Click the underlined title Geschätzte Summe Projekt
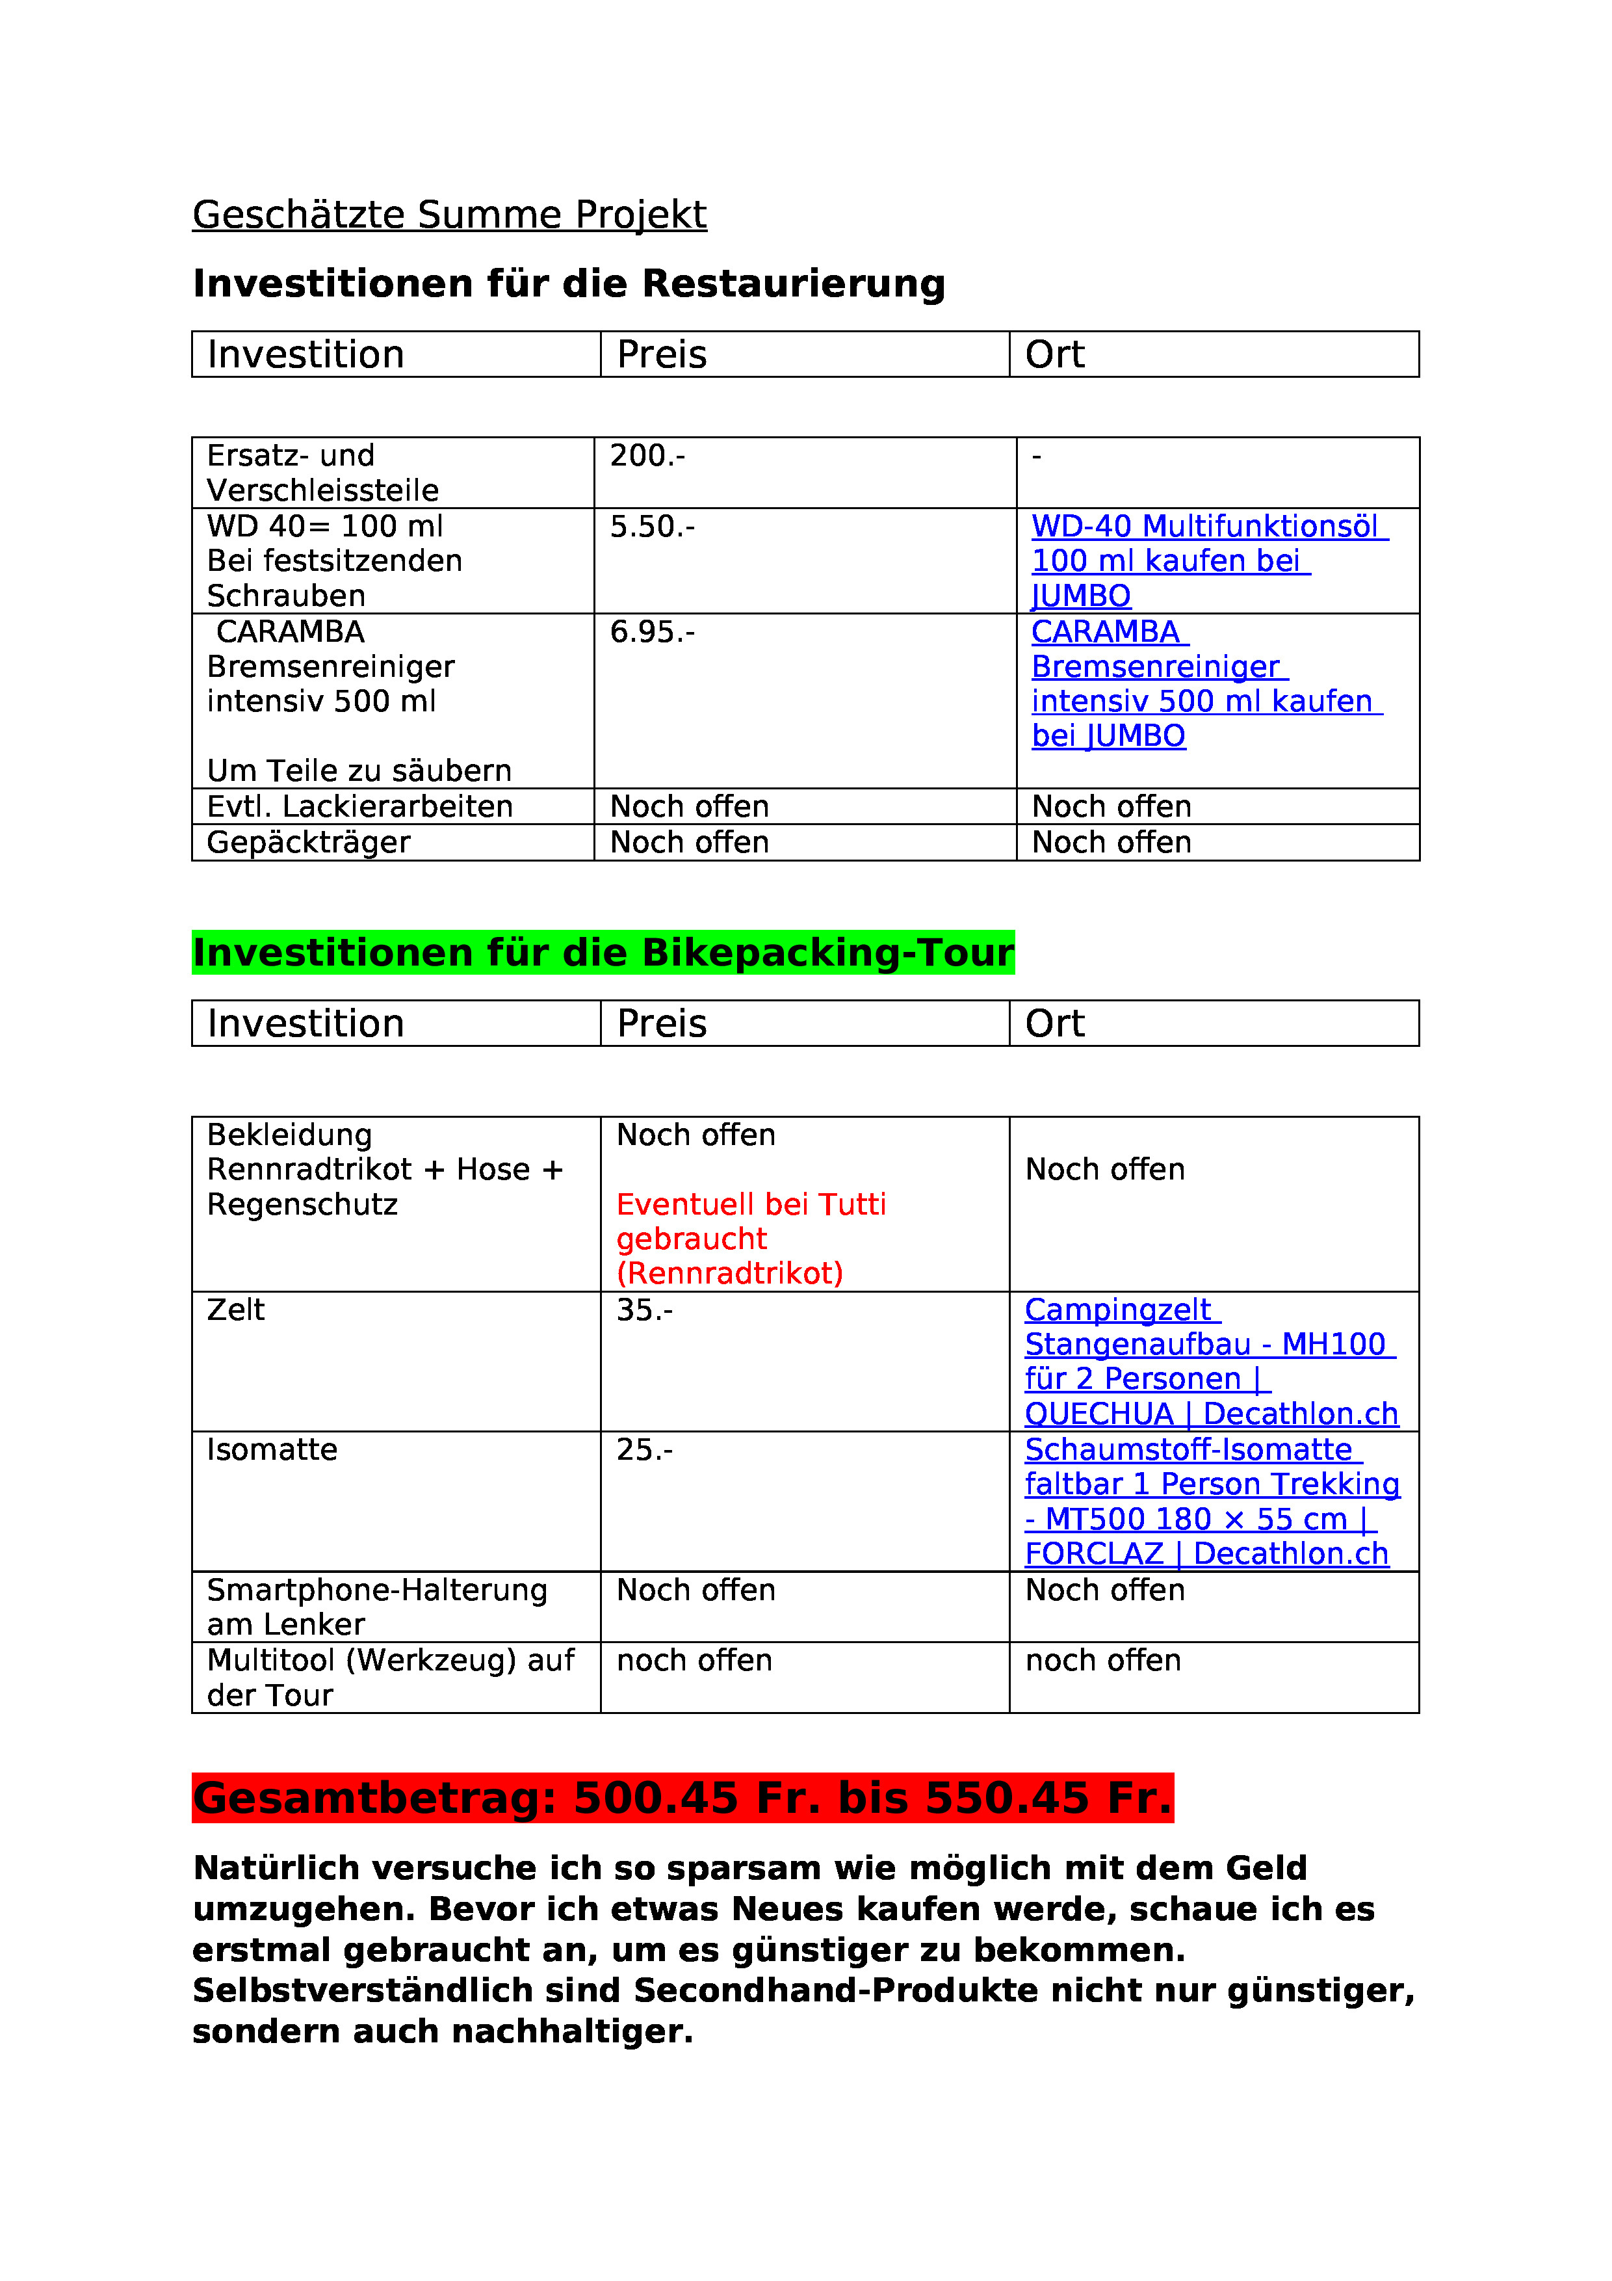click(449, 215)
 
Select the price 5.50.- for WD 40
click(651, 527)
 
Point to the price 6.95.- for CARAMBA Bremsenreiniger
click(651, 632)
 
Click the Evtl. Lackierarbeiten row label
click(359, 807)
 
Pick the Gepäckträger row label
click(308, 843)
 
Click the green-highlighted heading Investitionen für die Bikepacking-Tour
click(603, 952)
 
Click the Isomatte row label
click(272, 1451)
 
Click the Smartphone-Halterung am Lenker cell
click(376, 1607)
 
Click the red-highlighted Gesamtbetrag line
click(682, 1798)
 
